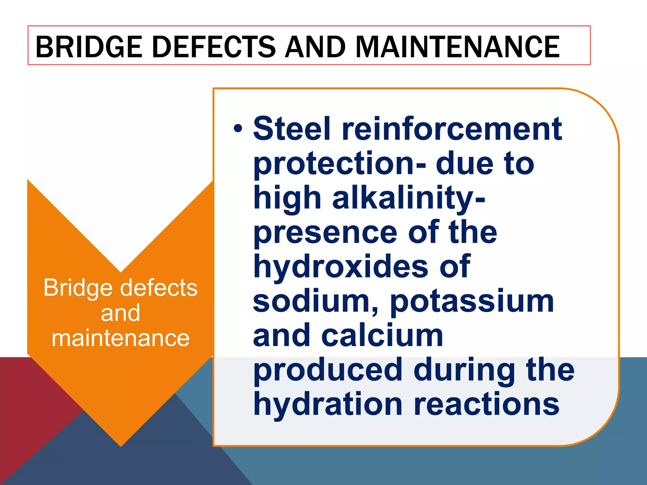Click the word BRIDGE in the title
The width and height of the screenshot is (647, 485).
pyautogui.click(x=89, y=47)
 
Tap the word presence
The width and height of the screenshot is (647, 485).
pyautogui.click(x=325, y=233)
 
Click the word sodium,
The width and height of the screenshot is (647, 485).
pyautogui.click(x=316, y=302)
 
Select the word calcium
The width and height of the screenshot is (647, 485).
pyautogui.click(x=382, y=335)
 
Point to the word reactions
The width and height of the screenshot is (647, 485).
pyautogui.click(x=487, y=404)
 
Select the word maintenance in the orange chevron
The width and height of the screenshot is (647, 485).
pyautogui.click(x=120, y=338)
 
